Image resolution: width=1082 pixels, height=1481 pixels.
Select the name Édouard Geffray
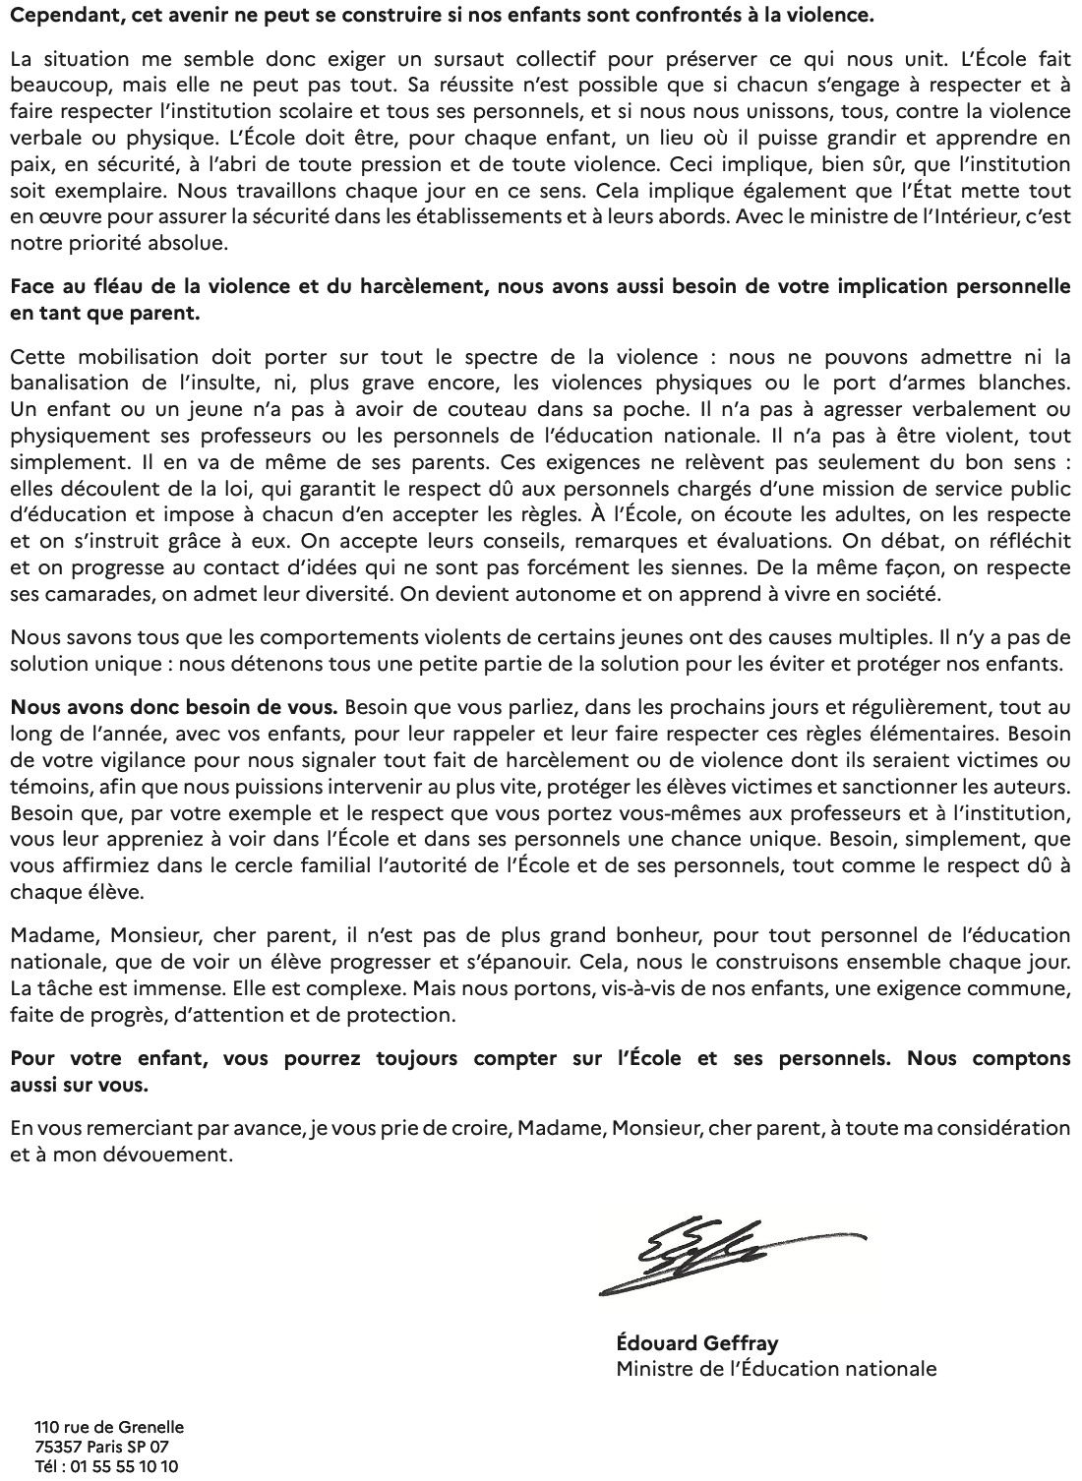pyautogui.click(x=697, y=1342)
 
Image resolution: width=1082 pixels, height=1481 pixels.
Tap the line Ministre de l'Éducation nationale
pyautogui.click(x=776, y=1368)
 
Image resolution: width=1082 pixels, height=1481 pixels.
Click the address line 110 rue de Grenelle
pyautogui.click(x=108, y=1427)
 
